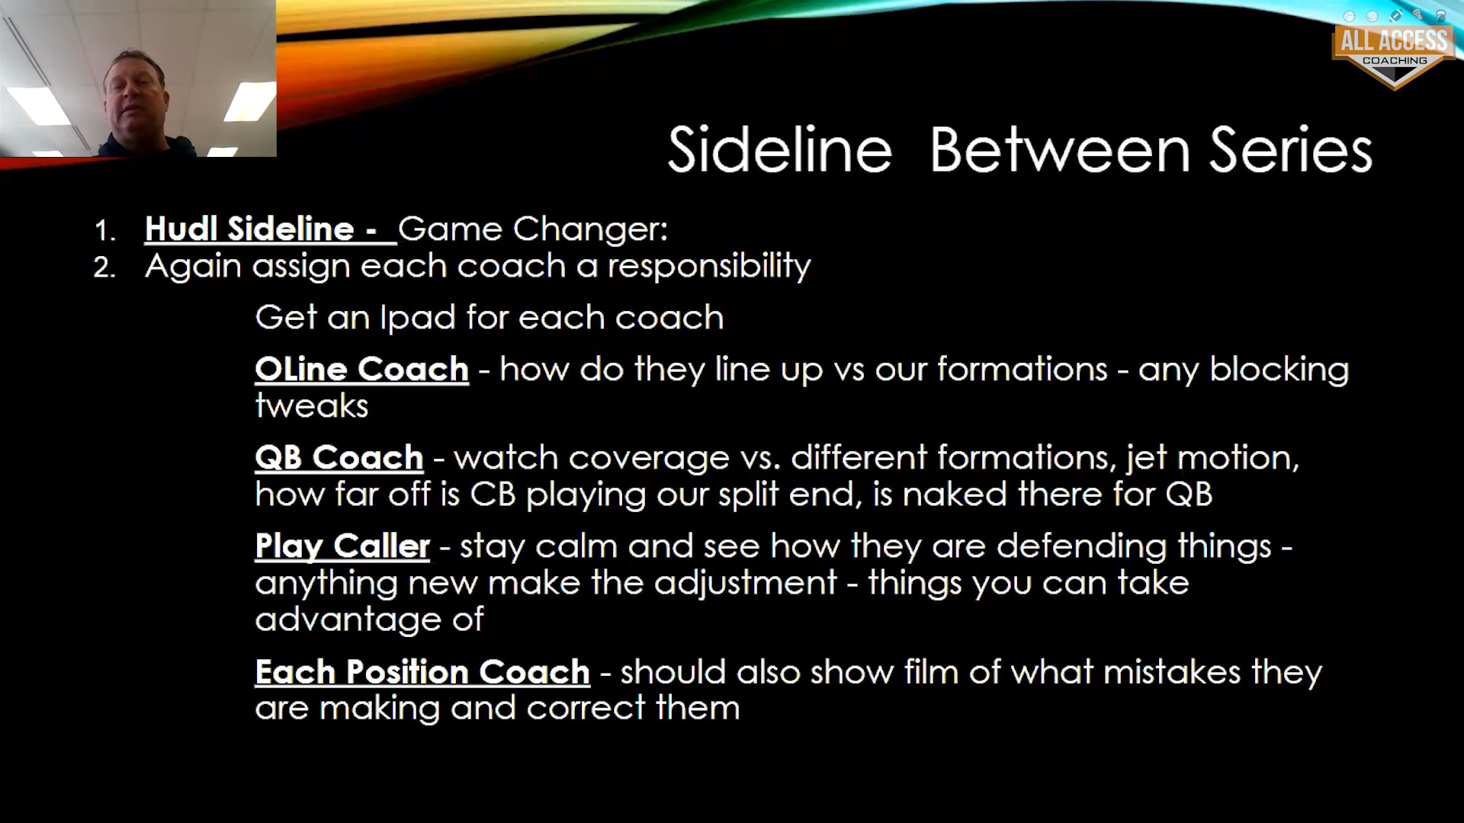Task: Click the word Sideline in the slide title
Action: [779, 149]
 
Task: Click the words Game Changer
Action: [533, 229]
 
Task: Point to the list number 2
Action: [104, 267]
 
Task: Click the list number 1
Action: [104, 231]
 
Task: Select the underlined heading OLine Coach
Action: [361, 370]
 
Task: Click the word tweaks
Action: [312, 406]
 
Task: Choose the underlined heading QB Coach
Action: [339, 458]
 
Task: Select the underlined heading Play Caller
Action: [342, 546]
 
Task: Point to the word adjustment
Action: [746, 583]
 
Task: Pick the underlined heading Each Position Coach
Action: [422, 672]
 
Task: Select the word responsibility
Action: [709, 267]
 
